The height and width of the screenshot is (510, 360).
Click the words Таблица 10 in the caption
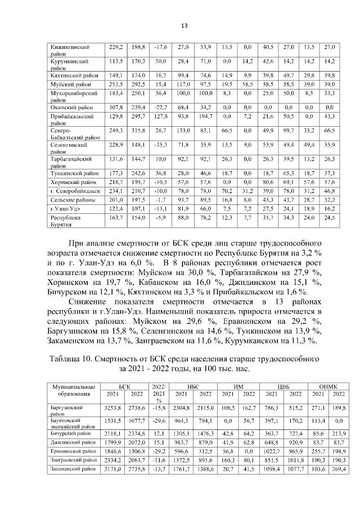75,358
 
